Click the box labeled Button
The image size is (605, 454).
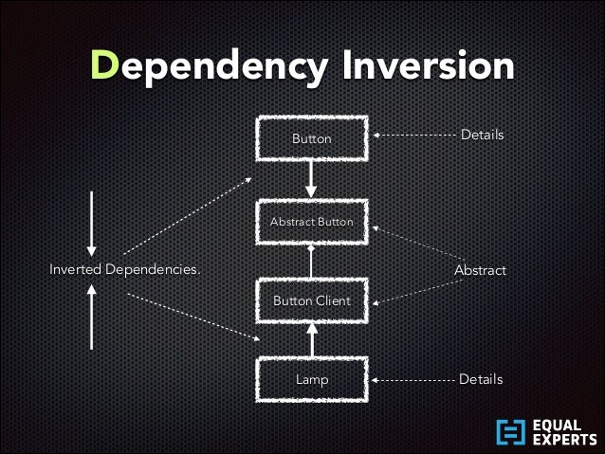(x=311, y=138)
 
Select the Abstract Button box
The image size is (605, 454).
(x=311, y=222)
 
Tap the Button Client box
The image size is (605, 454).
(x=311, y=300)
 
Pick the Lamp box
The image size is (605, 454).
(x=311, y=379)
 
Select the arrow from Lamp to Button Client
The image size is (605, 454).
(x=311, y=339)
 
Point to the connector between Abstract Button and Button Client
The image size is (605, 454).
(x=311, y=261)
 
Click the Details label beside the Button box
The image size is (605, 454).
(x=482, y=136)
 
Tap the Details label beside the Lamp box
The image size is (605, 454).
(x=480, y=379)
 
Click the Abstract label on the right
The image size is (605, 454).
(x=480, y=270)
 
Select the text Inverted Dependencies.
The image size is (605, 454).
(x=125, y=270)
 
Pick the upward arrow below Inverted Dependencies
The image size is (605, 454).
(x=91, y=318)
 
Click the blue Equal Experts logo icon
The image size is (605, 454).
(x=510, y=431)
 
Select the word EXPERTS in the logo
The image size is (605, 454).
(x=564, y=440)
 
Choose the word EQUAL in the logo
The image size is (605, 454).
(x=559, y=424)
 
